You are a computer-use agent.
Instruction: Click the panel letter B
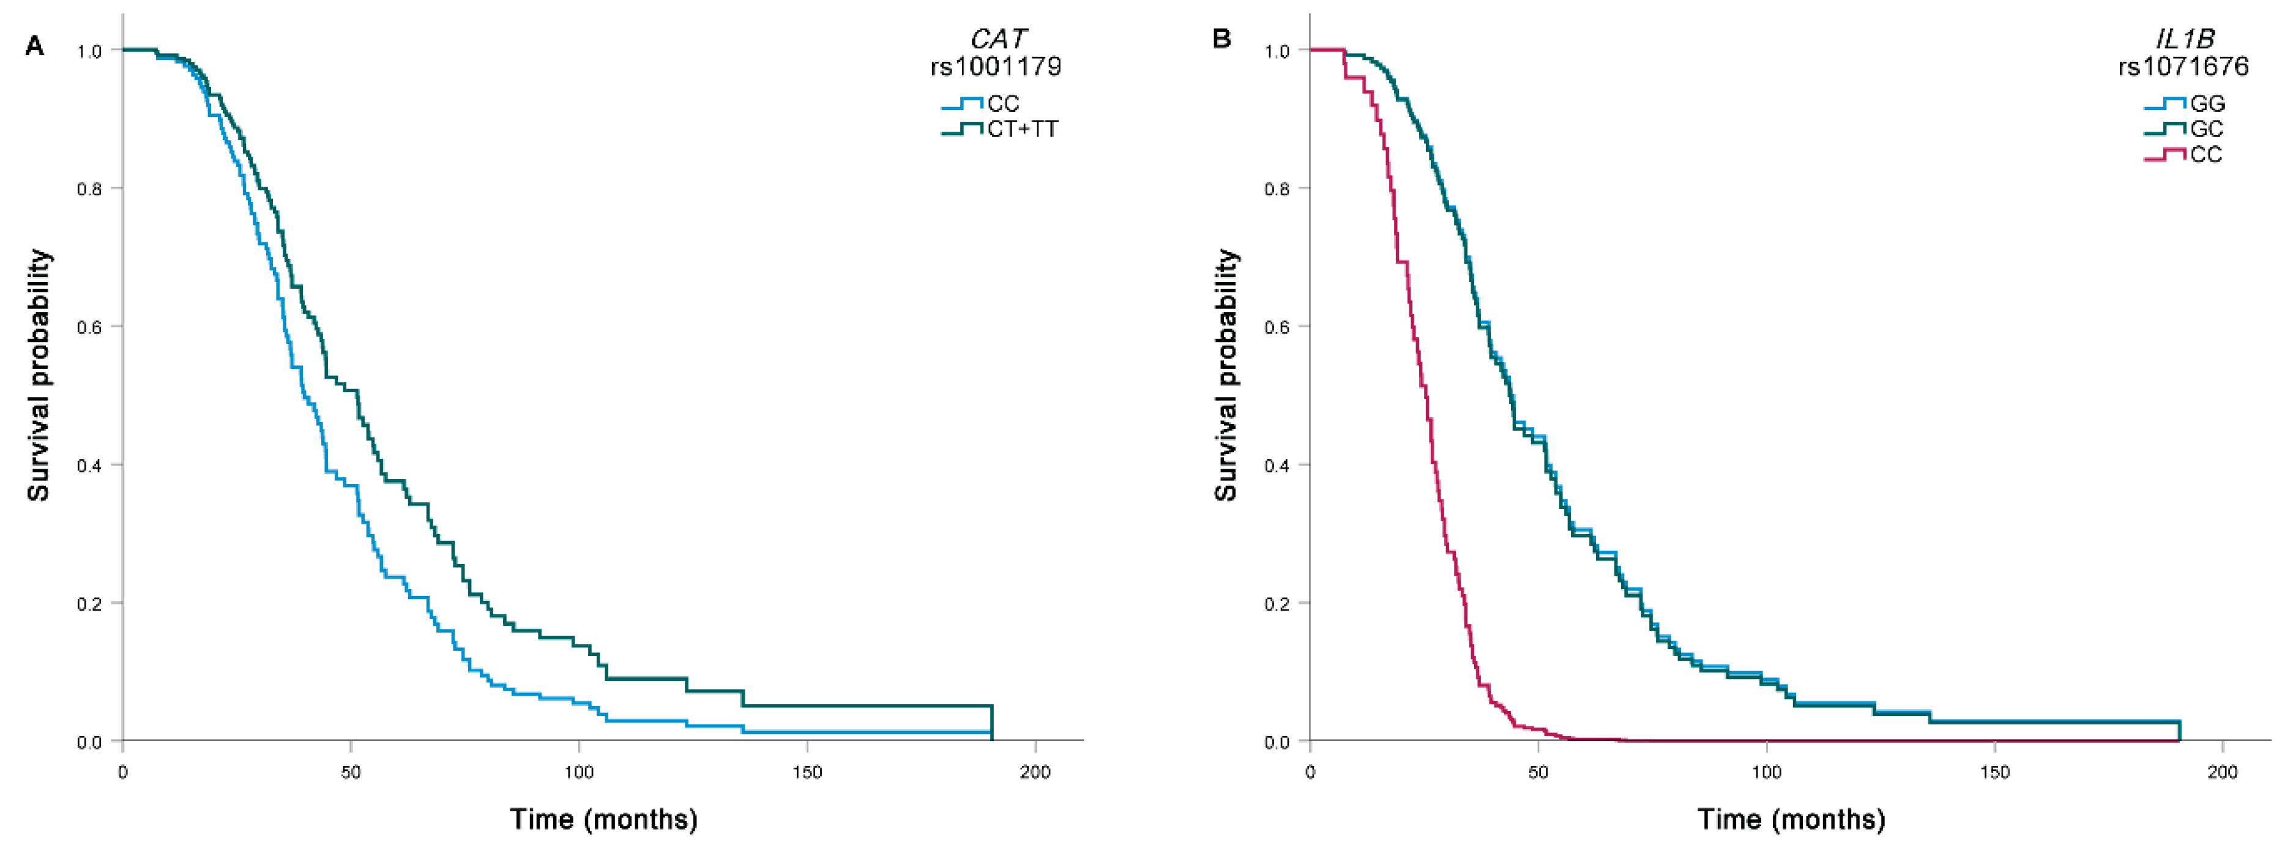pos(1221,40)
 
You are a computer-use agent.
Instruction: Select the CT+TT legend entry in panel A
pos(1021,129)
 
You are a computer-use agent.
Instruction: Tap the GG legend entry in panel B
pos(2207,103)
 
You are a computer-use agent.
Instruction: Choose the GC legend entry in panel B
pos(2206,129)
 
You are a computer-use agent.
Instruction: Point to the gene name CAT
pos(997,39)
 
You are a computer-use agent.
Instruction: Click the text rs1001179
pos(995,67)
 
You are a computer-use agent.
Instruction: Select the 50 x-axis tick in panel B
pos(1538,772)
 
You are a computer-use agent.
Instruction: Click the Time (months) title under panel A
pos(603,819)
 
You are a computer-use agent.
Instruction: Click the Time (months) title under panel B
pos(1791,819)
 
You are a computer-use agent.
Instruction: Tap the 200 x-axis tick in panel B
pos(2222,772)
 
